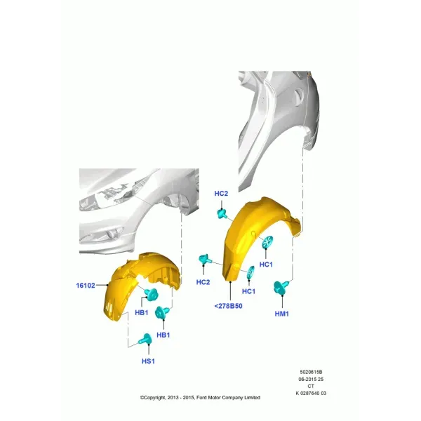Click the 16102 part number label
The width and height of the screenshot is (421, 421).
pyautogui.click(x=86, y=286)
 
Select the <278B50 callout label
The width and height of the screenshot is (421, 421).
pyautogui.click(x=228, y=306)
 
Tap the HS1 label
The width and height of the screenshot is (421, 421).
pyautogui.click(x=148, y=361)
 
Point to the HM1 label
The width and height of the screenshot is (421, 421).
pyautogui.click(x=281, y=314)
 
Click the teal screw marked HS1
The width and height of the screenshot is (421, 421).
pyautogui.click(x=145, y=340)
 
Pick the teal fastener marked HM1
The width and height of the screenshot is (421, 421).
pyautogui.click(x=281, y=287)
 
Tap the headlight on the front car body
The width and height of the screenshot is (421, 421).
pyautogui.click(x=113, y=194)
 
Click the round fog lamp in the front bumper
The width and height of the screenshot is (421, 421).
pyautogui.click(x=111, y=235)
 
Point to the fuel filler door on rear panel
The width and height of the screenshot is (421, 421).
pyautogui.click(x=299, y=95)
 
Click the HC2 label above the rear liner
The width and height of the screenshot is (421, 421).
pyautogui.click(x=221, y=194)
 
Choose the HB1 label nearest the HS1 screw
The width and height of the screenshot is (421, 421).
pyautogui.click(x=163, y=335)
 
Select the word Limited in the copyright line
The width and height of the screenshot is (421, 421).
pyautogui.click(x=252, y=397)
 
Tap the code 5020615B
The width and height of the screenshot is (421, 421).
pyautogui.click(x=311, y=372)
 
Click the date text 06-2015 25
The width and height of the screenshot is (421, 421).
pyautogui.click(x=311, y=379)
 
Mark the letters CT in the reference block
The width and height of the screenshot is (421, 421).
pyautogui.click(x=311, y=386)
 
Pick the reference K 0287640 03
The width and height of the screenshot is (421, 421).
pyautogui.click(x=311, y=393)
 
